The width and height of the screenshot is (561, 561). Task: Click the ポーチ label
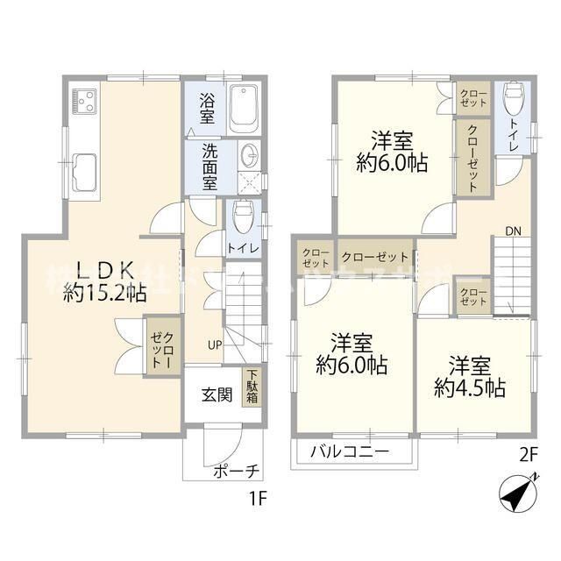point(236,471)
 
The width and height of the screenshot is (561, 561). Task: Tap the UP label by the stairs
point(214,344)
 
